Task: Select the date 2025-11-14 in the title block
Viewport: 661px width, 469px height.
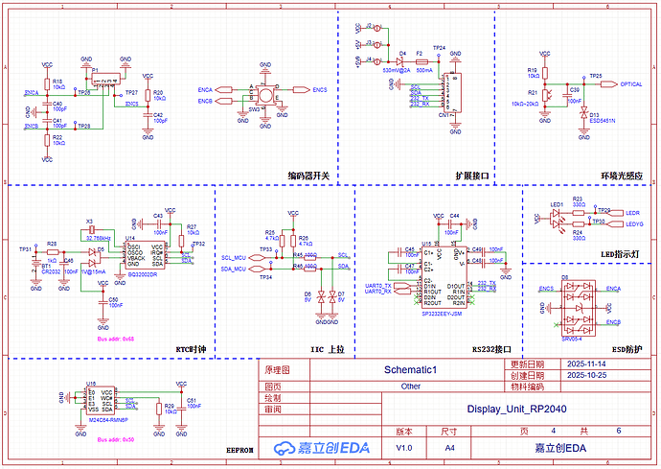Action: pyautogui.click(x=585, y=365)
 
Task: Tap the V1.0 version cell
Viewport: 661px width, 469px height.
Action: pyautogui.click(x=404, y=448)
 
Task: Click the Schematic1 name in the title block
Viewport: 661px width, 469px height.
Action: pyautogui.click(x=410, y=369)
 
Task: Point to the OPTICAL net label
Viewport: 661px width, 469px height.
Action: pyautogui.click(x=629, y=84)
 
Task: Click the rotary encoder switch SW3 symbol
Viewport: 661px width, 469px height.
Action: pyautogui.click(x=264, y=94)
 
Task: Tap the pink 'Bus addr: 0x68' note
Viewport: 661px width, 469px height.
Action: pyautogui.click(x=116, y=339)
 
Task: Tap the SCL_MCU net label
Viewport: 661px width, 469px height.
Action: pyautogui.click(x=233, y=258)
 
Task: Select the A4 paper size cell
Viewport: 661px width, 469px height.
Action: pyautogui.click(x=450, y=448)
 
